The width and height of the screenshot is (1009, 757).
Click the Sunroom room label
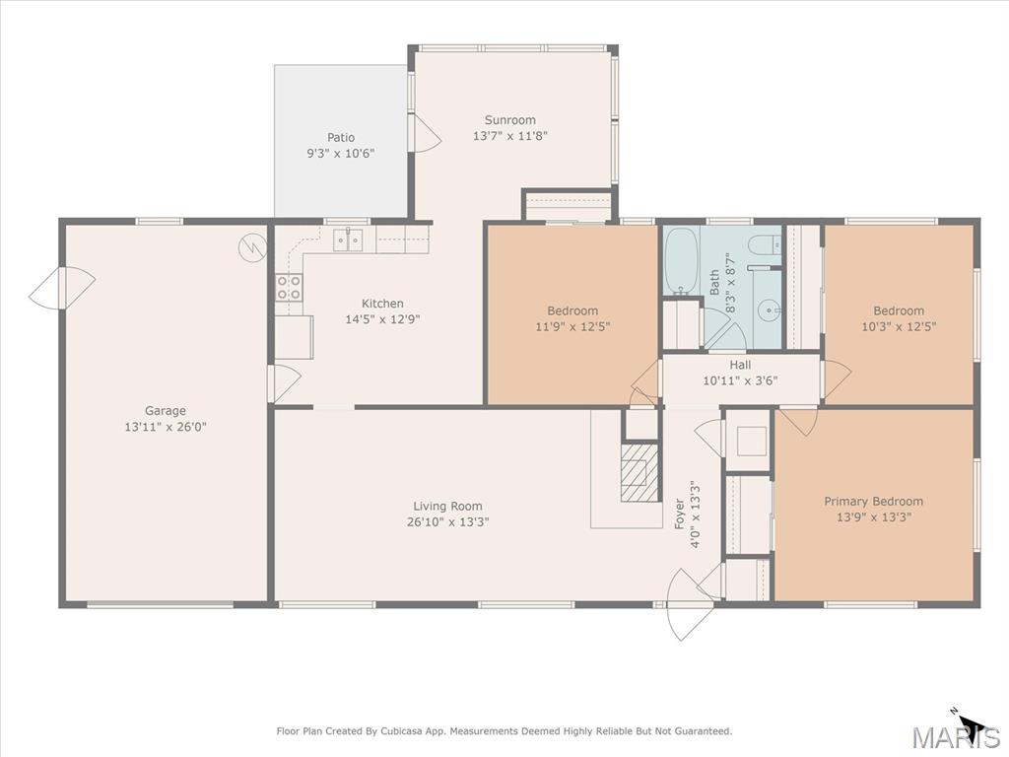(x=509, y=119)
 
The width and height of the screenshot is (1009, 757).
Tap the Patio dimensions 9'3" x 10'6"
(x=340, y=153)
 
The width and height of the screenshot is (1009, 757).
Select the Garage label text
(x=166, y=411)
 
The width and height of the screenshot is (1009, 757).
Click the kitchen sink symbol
(x=348, y=241)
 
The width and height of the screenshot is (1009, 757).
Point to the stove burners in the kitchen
(x=289, y=287)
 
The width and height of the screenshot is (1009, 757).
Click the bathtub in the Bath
(x=682, y=260)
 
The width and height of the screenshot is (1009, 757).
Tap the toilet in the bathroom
(x=766, y=244)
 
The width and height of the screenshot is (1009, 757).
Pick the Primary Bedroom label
(x=873, y=501)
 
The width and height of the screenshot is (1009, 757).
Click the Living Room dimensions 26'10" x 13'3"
(x=448, y=522)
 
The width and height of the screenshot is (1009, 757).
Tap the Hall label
(x=740, y=365)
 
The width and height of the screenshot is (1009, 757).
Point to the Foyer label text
(x=679, y=514)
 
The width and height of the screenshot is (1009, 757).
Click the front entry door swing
(x=689, y=604)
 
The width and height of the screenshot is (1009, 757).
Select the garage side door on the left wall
(x=62, y=288)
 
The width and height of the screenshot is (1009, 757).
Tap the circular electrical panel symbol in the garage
(x=252, y=247)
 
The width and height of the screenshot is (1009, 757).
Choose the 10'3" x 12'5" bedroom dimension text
(x=899, y=326)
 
